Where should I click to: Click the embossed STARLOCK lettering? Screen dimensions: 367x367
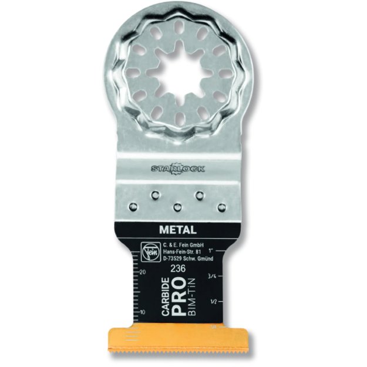[x=177, y=169]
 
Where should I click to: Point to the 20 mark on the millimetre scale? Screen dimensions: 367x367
[x=143, y=271]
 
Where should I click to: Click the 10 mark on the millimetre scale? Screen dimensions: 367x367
[x=143, y=311]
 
